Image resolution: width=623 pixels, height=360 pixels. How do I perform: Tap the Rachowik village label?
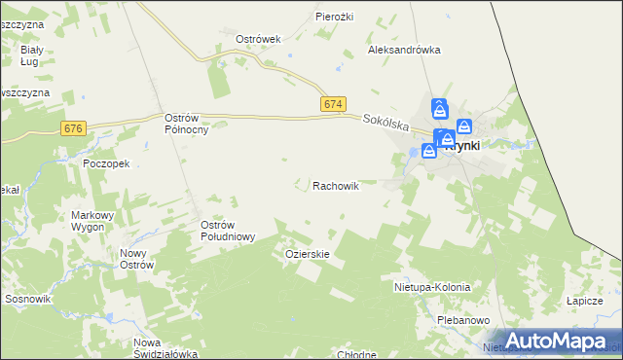[336, 185]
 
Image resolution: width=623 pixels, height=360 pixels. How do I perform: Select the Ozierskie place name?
[308, 254]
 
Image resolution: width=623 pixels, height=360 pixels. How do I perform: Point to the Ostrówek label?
[258, 39]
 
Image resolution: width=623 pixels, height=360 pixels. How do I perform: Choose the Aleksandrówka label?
[404, 50]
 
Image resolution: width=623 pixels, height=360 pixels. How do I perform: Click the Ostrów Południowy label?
[228, 231]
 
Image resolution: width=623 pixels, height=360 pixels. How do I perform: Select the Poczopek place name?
[107, 164]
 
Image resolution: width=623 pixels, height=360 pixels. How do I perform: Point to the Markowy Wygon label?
[93, 221]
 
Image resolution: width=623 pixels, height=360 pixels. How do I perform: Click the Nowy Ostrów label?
[135, 259]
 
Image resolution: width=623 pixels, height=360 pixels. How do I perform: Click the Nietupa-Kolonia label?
[431, 288]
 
